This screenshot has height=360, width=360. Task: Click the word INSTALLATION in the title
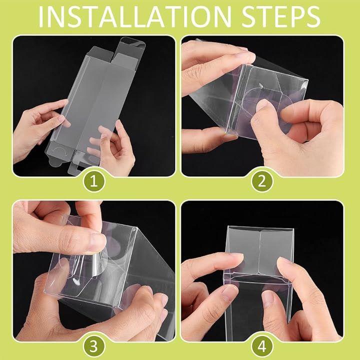coord(135,17)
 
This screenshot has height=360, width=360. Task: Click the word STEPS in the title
coord(281,17)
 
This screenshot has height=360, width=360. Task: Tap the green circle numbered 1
coord(94,181)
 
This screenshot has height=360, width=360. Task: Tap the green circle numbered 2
coord(262,181)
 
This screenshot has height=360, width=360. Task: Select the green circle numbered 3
coord(94,346)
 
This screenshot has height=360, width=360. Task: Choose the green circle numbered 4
coord(262,346)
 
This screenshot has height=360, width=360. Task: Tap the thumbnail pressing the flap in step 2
coord(261,105)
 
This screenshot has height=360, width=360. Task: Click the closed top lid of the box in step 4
coord(259,250)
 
